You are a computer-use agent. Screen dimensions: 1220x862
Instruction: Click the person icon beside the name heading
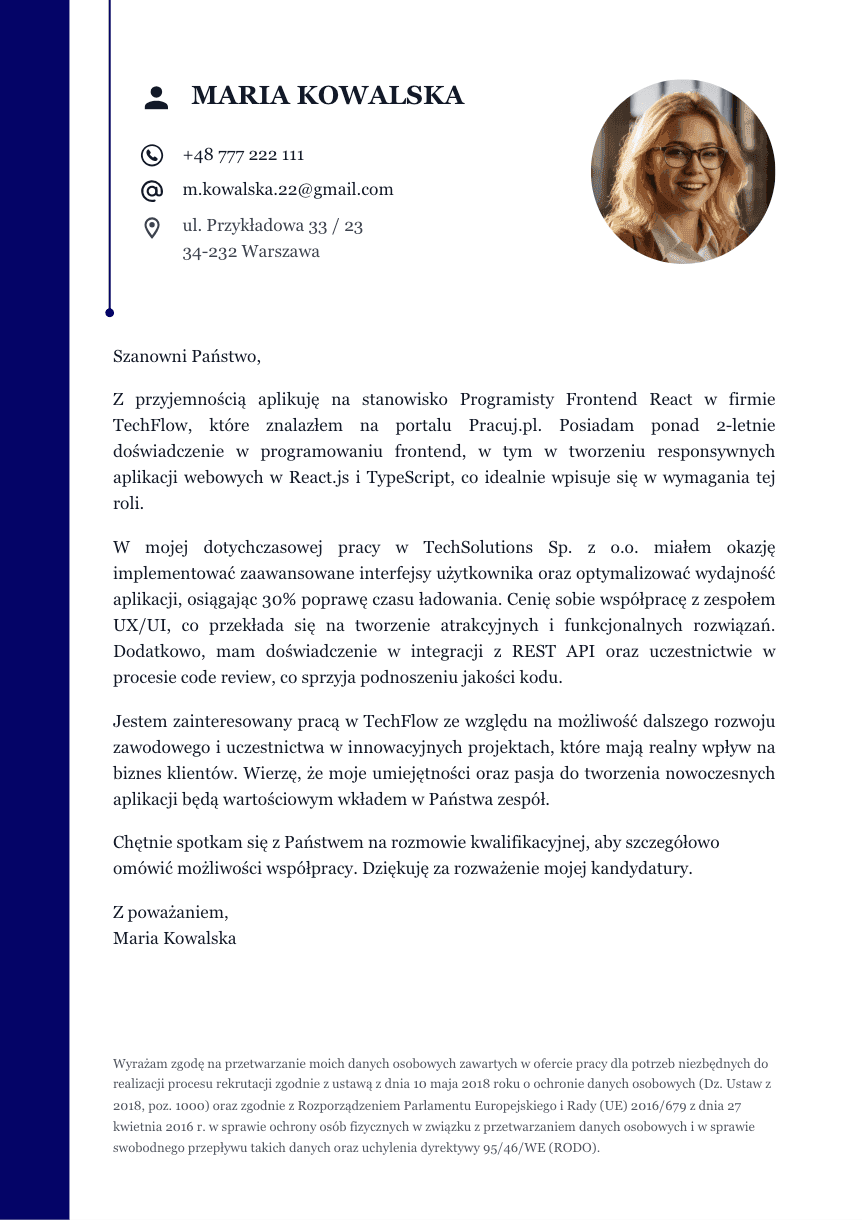tap(157, 97)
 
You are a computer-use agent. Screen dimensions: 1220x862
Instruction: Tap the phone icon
tap(152, 155)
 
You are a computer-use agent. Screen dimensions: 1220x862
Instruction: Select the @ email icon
tap(152, 190)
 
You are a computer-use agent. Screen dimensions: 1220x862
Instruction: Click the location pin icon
tap(152, 228)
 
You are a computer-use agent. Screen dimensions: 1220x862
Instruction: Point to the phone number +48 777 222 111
tap(243, 155)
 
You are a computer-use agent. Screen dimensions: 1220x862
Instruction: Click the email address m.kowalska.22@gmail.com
tap(288, 190)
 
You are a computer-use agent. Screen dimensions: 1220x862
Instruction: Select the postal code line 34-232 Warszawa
tap(251, 252)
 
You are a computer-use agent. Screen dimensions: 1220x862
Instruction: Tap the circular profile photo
tap(682, 172)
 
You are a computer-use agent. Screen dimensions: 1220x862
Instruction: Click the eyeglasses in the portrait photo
tap(690, 158)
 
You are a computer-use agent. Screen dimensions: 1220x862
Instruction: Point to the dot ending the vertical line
tap(109, 313)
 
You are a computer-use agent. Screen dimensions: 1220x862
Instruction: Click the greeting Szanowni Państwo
tap(187, 355)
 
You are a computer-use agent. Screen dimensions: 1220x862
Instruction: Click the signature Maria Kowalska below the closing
tap(175, 939)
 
